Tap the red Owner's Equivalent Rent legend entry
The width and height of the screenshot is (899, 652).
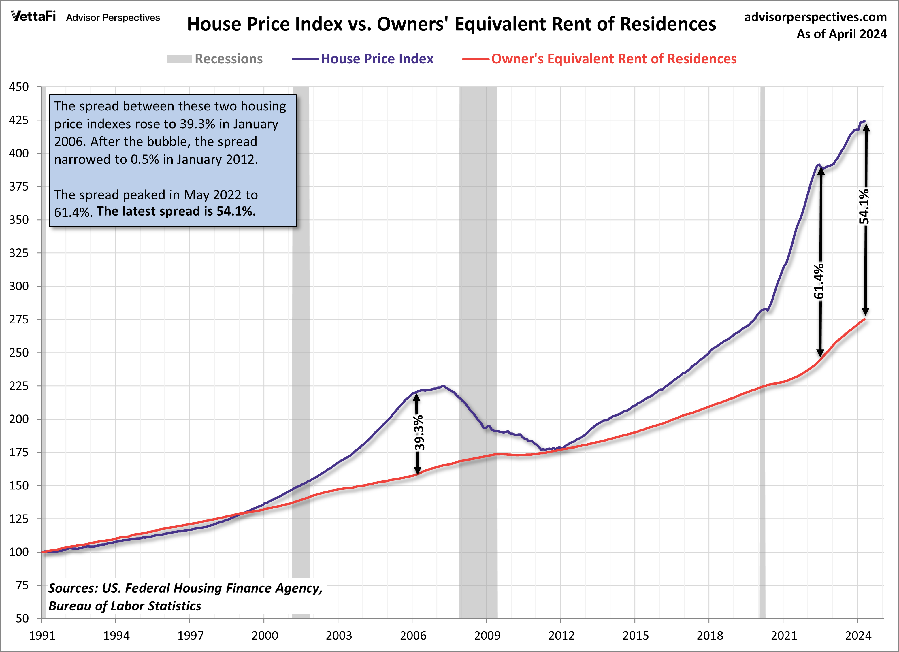(x=614, y=59)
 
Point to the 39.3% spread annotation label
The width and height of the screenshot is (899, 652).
(x=419, y=432)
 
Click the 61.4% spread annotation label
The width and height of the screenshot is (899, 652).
(x=819, y=281)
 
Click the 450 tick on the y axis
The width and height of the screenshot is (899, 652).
(x=19, y=87)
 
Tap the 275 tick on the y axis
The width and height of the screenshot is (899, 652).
(x=19, y=319)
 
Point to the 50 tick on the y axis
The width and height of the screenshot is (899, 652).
(x=22, y=618)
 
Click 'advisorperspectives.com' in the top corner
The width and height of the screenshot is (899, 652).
(x=815, y=17)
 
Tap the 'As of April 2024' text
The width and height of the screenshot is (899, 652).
(x=842, y=34)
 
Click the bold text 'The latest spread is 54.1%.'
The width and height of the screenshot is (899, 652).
(x=176, y=211)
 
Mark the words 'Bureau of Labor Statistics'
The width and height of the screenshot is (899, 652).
(x=125, y=606)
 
